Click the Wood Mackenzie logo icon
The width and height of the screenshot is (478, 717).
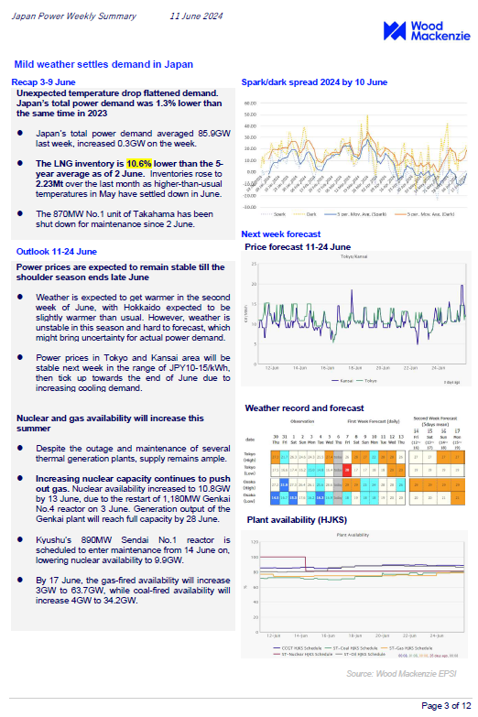395,31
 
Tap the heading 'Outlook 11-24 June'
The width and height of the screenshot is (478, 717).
56,251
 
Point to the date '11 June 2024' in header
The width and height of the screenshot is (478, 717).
196,16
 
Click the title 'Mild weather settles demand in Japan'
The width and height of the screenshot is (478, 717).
103,64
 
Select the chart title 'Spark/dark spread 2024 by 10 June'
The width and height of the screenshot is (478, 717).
314,82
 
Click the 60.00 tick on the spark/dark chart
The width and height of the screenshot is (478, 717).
251,104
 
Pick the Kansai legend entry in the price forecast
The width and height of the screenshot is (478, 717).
342,379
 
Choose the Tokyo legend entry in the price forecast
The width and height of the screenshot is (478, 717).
369,379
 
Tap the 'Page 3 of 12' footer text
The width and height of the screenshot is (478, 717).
444,705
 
